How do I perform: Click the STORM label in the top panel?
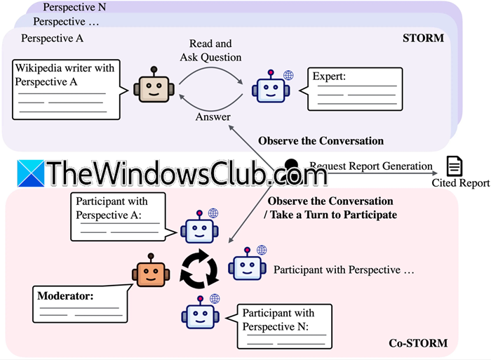423,38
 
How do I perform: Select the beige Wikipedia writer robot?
154,88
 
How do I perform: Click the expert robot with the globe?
273,88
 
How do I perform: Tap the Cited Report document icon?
455,166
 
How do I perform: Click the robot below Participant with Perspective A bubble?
199,226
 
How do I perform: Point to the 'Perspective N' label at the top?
75,8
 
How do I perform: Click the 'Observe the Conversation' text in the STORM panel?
321,140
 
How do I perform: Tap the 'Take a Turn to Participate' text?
337,215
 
